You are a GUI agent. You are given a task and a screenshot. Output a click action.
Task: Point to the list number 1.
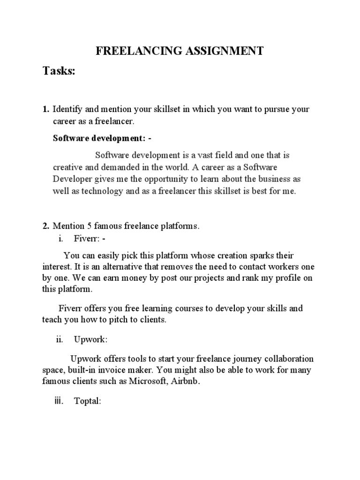pyautogui.click(x=45, y=109)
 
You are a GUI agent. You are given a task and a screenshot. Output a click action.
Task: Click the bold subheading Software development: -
pyautogui.click(x=102, y=139)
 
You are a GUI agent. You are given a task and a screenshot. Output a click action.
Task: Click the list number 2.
pyautogui.click(x=45, y=226)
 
